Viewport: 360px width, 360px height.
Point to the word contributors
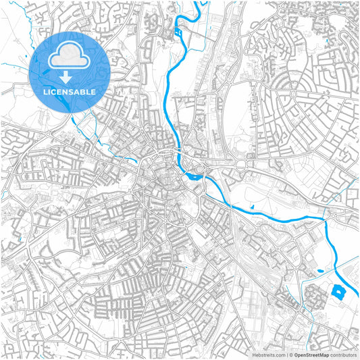(x=343, y=354)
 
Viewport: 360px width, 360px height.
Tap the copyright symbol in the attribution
(x=289, y=354)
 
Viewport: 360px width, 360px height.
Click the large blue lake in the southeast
(x=338, y=292)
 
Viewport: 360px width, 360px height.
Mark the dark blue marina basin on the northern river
(x=178, y=31)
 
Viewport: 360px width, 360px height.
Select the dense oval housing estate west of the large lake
(x=313, y=296)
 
